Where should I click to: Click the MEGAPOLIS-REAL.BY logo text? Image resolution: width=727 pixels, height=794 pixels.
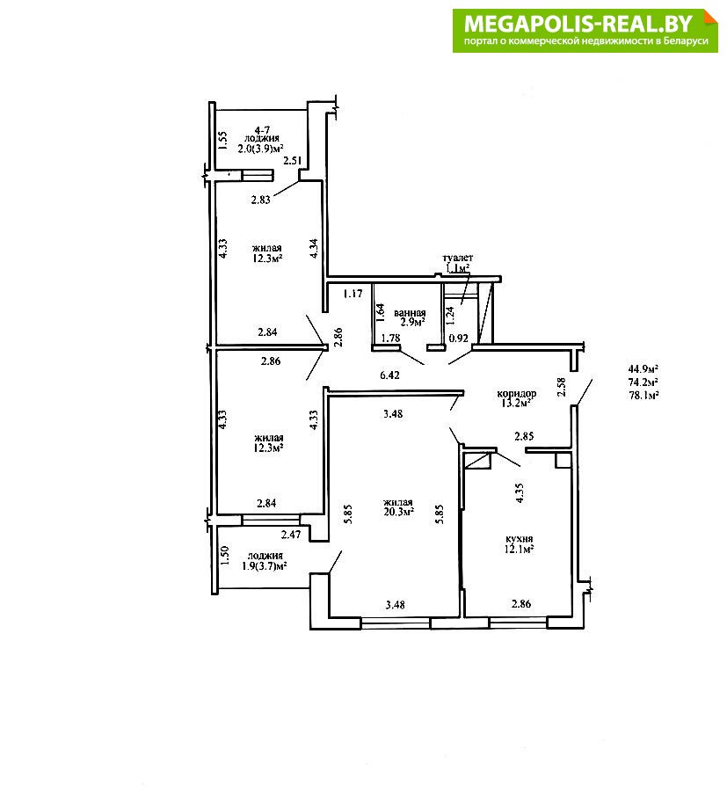pyautogui.click(x=578, y=24)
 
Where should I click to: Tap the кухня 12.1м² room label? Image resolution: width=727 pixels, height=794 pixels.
pyautogui.click(x=519, y=543)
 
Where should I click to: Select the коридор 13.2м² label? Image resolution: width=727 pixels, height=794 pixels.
pyautogui.click(x=516, y=398)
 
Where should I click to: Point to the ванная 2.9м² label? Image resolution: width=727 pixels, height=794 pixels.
pyautogui.click(x=410, y=317)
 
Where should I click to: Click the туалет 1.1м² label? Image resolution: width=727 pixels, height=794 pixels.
pyautogui.click(x=458, y=263)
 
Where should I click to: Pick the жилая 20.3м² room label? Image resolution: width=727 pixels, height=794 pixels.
pyautogui.click(x=398, y=506)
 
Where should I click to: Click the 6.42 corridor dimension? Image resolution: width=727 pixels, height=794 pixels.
pyautogui.click(x=389, y=375)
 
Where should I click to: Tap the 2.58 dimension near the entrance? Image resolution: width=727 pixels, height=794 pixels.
pyautogui.click(x=561, y=387)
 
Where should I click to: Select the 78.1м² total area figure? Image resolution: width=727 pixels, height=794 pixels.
pyautogui.click(x=643, y=396)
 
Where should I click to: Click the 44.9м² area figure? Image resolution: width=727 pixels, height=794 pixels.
pyautogui.click(x=643, y=368)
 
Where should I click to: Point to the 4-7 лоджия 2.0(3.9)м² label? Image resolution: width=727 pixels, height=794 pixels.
pyautogui.click(x=261, y=139)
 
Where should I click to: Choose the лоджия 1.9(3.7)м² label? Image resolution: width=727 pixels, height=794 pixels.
pyautogui.click(x=265, y=561)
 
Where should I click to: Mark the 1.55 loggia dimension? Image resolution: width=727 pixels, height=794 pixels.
pyautogui.click(x=223, y=141)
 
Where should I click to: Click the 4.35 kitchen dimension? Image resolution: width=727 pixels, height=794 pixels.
pyautogui.click(x=520, y=492)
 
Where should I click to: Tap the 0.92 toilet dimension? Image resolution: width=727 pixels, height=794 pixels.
pyautogui.click(x=459, y=338)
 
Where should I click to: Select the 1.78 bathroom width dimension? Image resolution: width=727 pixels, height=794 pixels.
pyautogui.click(x=391, y=338)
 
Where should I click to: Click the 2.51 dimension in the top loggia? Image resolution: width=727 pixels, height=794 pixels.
pyautogui.click(x=293, y=161)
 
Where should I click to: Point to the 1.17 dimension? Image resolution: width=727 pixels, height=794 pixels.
pyautogui.click(x=353, y=293)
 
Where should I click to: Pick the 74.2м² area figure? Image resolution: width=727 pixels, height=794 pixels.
pyautogui.click(x=643, y=382)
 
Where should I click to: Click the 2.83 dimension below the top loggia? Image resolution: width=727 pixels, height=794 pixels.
pyautogui.click(x=261, y=200)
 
